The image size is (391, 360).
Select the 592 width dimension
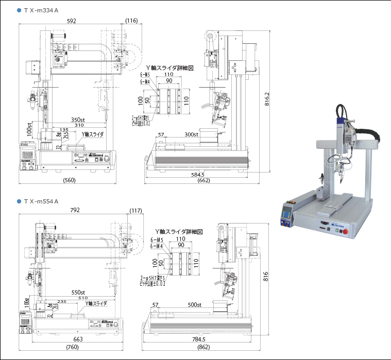coord(71,21)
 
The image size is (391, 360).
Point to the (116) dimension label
coord(131,21)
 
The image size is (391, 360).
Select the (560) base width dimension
coord(70,181)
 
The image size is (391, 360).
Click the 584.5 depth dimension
coord(194,175)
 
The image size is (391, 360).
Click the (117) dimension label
coord(136,210)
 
